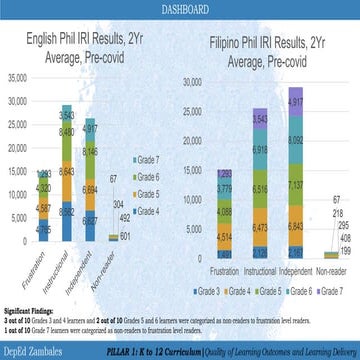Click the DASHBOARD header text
point(180,8)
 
